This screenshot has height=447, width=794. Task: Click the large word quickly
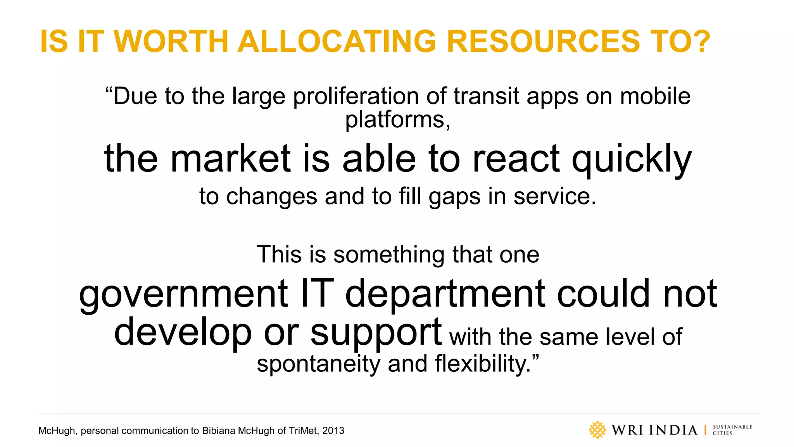point(632,159)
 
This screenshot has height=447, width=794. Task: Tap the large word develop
point(183,332)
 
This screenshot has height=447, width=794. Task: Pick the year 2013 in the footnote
point(333,431)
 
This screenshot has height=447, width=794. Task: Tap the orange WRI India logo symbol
point(597,430)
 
